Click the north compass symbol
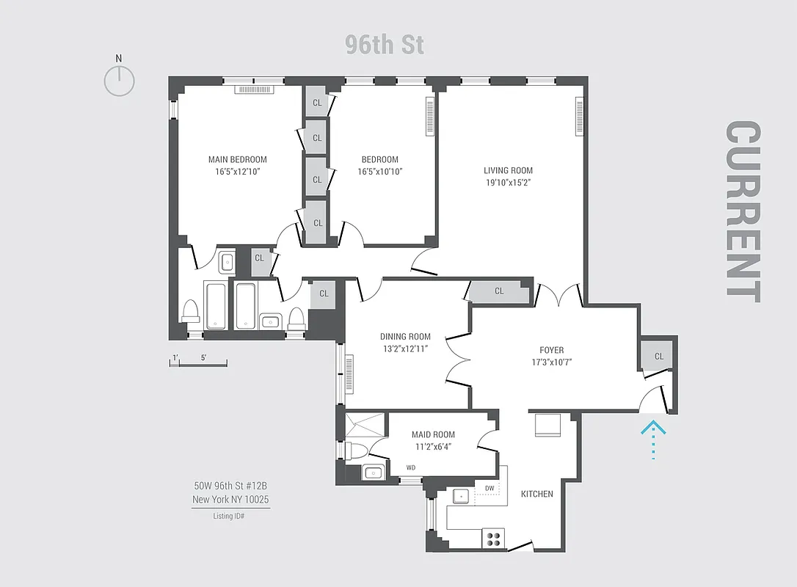click(119, 80)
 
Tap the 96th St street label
click(385, 45)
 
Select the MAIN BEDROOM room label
click(237, 159)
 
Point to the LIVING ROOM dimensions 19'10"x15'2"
click(508, 183)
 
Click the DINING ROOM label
click(405, 337)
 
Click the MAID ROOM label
click(433, 434)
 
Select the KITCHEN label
click(537, 494)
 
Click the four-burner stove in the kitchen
click(494, 539)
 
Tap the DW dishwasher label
click(490, 488)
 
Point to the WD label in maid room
click(411, 467)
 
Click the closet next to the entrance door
click(658, 357)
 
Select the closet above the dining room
click(499, 291)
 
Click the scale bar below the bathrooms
click(198, 362)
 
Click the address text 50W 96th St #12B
click(230, 486)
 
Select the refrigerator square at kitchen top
click(547, 426)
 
